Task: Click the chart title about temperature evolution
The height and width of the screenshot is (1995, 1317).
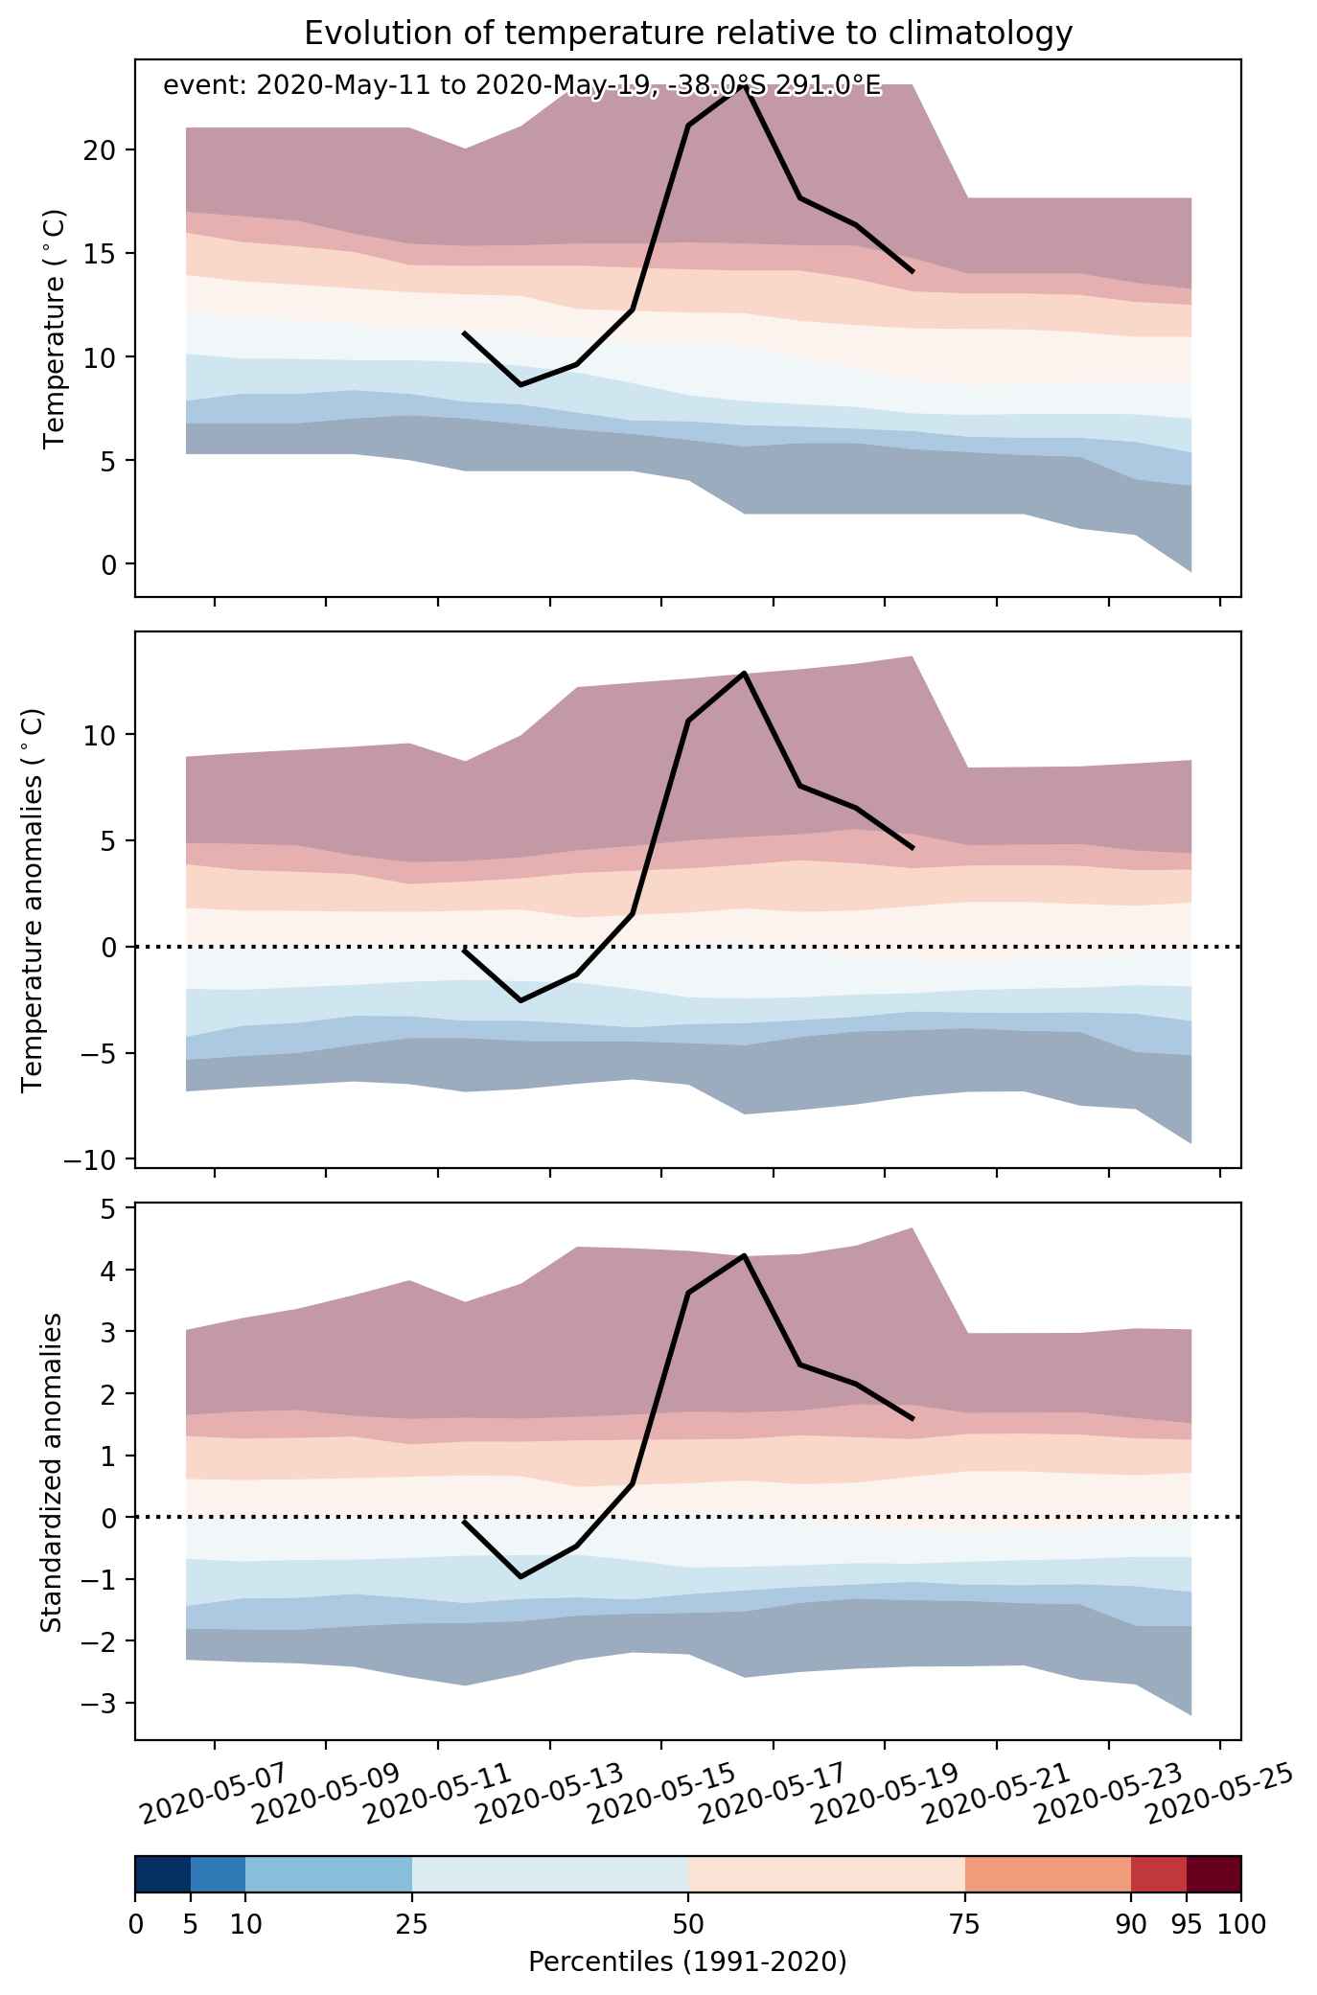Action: pos(687,34)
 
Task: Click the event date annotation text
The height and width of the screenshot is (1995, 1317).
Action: pos(521,85)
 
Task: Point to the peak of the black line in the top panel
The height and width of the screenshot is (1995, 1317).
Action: pos(744,86)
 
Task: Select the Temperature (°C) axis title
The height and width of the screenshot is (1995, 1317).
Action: pos(54,328)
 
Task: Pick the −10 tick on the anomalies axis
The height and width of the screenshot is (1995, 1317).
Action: pos(92,1159)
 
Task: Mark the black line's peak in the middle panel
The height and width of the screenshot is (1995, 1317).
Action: pos(744,673)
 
